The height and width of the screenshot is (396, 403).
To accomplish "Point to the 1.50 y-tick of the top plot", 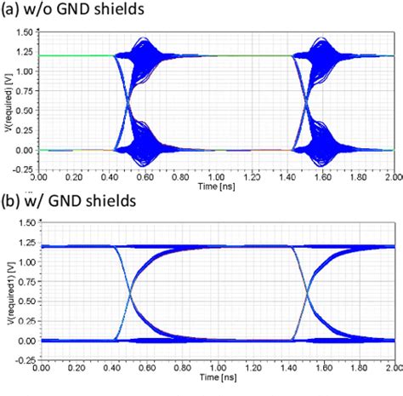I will [x=23, y=32].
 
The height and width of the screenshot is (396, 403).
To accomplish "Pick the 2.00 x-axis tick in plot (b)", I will [x=393, y=367].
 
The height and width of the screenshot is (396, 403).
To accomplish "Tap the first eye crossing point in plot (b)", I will [x=130, y=295].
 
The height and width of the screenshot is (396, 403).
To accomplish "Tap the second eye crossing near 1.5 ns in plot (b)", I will [x=307, y=295].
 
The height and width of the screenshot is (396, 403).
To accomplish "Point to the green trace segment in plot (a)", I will [x=77, y=55].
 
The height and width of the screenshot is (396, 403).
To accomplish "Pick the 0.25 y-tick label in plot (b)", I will [x=23, y=321].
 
